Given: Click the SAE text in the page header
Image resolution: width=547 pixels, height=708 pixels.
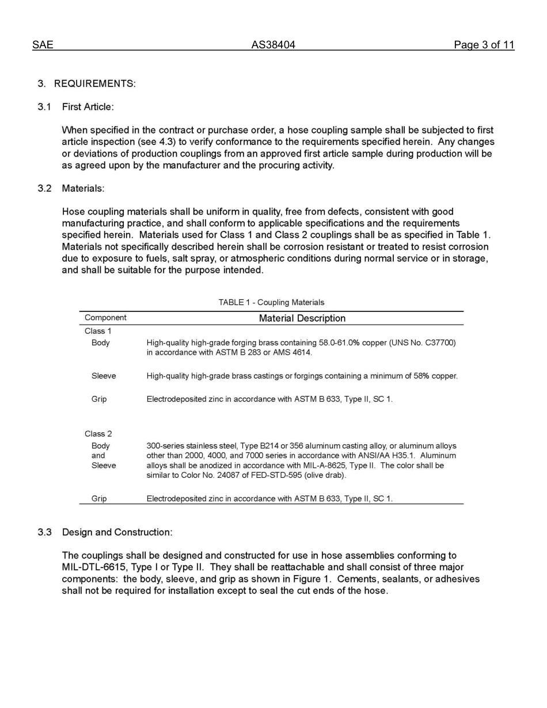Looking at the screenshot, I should (x=43, y=45).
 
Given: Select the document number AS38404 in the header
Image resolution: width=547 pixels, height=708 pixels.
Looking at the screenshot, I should (x=273, y=45).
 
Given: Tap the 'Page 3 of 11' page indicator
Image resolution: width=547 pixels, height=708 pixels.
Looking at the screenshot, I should (x=484, y=45).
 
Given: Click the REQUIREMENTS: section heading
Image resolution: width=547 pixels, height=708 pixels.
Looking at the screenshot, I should (x=95, y=83).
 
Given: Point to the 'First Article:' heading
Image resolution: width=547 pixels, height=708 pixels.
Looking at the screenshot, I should (x=88, y=107).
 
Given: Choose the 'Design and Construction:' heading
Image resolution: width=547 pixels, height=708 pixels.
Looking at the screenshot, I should (x=117, y=532).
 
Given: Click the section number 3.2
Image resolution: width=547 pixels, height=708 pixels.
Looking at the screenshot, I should (x=45, y=188).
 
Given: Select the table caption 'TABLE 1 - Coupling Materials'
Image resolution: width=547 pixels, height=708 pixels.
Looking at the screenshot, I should (x=271, y=302).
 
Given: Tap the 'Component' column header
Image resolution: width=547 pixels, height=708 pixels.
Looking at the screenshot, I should (x=105, y=318).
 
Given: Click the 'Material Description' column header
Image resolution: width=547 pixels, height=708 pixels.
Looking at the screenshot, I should (x=302, y=318).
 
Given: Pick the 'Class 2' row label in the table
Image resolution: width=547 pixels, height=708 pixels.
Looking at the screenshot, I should (x=98, y=434).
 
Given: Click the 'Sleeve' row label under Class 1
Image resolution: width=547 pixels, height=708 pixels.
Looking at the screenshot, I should (x=104, y=376).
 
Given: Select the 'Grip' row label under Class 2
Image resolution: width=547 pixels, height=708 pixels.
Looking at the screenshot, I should (x=99, y=498).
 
